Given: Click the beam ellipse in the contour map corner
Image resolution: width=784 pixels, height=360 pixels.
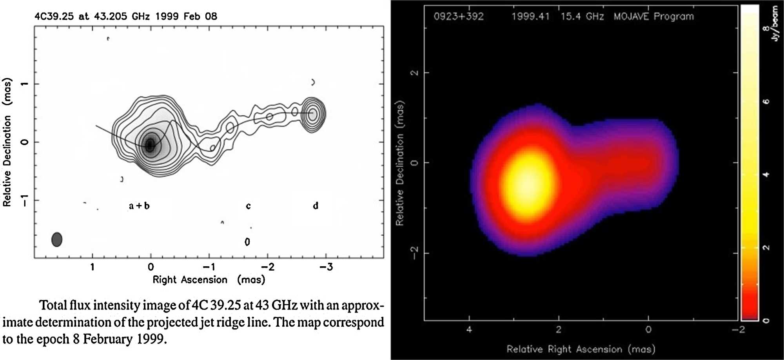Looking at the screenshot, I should point(57,239).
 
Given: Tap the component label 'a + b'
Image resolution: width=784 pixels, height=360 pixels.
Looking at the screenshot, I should point(139,206).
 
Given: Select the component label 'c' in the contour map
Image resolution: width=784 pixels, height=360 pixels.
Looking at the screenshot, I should point(248,206).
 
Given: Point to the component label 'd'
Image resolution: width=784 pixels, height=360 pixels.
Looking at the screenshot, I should point(316,205).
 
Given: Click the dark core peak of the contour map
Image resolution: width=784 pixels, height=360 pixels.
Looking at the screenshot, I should point(150,145).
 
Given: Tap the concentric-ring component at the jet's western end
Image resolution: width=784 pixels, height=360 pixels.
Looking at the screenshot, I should point(312,114).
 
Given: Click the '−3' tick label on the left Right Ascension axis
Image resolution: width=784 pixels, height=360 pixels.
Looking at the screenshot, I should point(326,267).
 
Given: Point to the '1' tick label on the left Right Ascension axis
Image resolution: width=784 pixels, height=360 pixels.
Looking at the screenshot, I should point(93,267).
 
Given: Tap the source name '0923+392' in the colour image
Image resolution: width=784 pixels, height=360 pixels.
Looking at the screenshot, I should point(458,16).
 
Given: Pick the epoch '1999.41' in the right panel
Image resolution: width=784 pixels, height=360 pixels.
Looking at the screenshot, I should point(530,16).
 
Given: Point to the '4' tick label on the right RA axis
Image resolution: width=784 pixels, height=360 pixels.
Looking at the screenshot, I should point(469,329).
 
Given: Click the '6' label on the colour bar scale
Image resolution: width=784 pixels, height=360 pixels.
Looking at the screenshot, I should point(766,102).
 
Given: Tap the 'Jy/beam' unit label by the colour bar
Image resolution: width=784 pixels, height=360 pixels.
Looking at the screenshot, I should point(774,24).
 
